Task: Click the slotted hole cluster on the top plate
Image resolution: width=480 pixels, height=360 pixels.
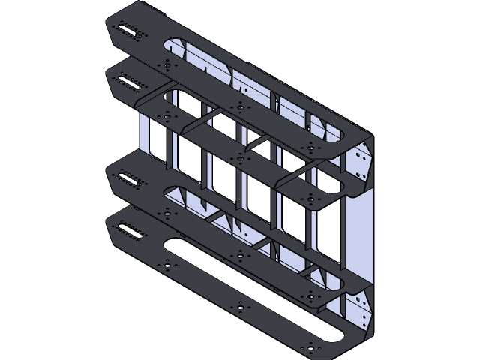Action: coord(129,31)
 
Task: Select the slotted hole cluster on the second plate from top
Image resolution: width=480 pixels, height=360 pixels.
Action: coord(129,81)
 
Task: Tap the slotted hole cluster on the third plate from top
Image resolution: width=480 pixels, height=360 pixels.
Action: coord(129,181)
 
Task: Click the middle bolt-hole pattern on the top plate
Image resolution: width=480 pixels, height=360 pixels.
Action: coord(239,105)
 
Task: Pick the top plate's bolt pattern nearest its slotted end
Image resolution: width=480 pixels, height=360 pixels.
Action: coord(166,66)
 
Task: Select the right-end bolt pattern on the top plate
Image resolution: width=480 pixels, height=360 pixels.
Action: coord(308,145)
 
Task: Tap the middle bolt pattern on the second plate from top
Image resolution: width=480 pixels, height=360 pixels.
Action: coord(239,157)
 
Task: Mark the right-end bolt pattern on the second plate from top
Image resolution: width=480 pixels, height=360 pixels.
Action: coord(308,197)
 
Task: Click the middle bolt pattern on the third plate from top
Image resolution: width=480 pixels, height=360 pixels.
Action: coord(239,256)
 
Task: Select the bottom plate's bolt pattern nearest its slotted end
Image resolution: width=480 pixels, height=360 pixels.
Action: coord(166,265)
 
